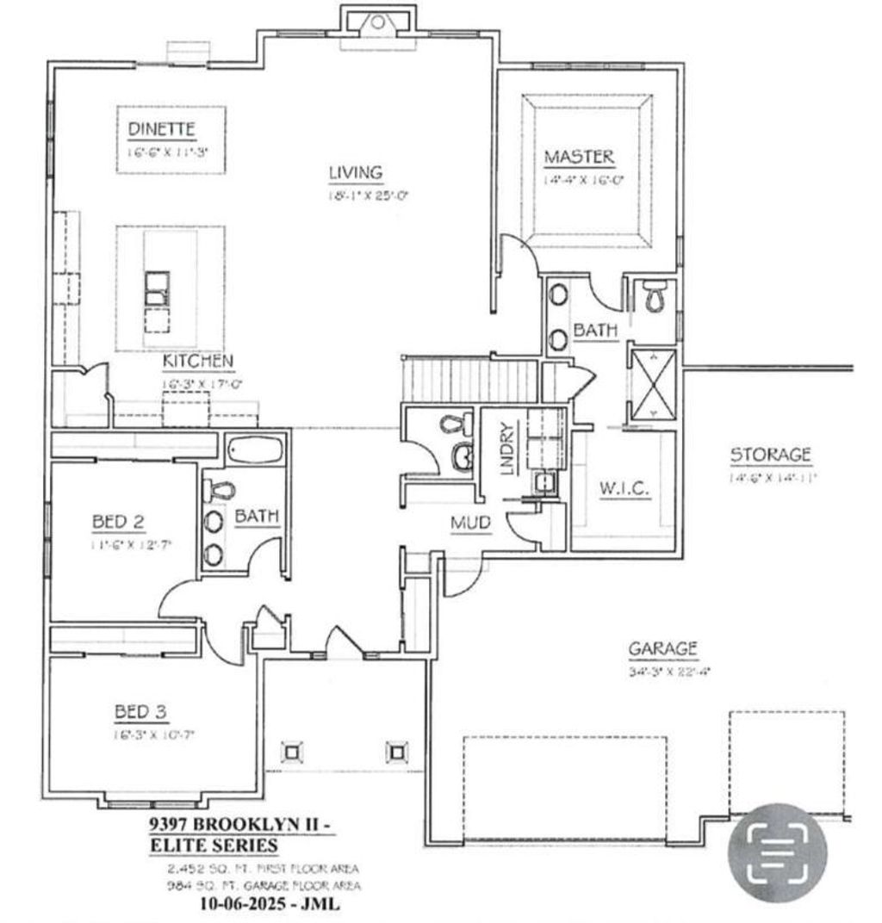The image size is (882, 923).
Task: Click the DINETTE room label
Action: click(x=162, y=129)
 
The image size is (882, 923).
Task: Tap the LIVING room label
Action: click(x=355, y=173)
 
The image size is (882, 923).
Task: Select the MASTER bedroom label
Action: click(x=579, y=157)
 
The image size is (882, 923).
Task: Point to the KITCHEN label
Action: click(x=196, y=361)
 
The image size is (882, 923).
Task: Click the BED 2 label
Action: click(x=117, y=521)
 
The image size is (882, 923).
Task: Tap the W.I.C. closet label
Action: click(x=624, y=488)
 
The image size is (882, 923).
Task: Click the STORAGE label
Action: click(x=770, y=454)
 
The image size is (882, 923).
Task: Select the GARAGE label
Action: click(x=662, y=648)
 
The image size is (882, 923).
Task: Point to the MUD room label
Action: click(x=470, y=522)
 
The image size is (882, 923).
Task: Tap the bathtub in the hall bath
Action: click(x=254, y=450)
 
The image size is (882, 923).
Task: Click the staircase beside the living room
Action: click(x=470, y=381)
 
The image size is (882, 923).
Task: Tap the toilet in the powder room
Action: click(x=454, y=424)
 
